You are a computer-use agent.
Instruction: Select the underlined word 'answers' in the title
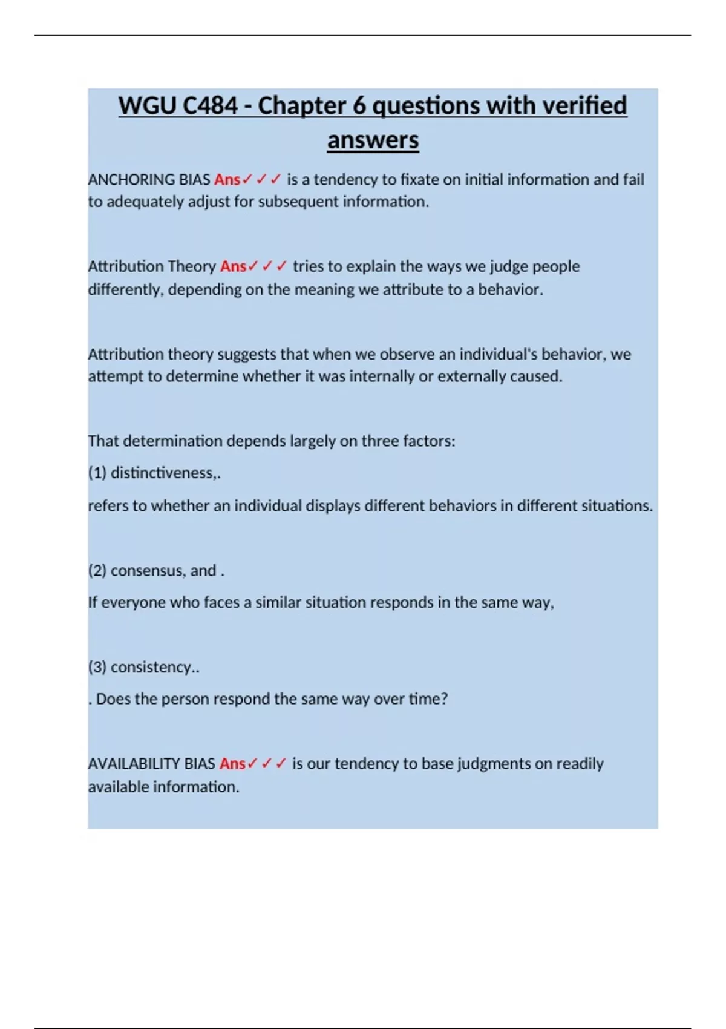coord(373,140)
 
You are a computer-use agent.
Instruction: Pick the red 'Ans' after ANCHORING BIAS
coord(227,180)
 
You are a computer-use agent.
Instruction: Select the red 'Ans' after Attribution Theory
coord(233,266)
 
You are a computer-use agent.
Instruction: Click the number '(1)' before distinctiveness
coord(97,473)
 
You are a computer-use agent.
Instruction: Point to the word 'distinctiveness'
coord(162,473)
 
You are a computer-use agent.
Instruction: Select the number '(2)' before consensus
coord(97,571)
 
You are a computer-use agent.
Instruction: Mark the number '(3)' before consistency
coord(97,667)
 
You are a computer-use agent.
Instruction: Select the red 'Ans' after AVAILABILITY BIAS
coord(232,764)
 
